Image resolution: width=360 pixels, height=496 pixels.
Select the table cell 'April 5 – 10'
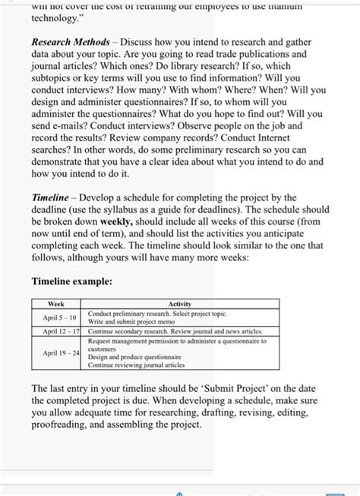point(58,318)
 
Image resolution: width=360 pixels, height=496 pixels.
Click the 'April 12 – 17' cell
point(58,332)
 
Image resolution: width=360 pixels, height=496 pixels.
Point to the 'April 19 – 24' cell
point(58,353)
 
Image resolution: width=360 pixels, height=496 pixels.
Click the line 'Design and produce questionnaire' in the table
point(134,356)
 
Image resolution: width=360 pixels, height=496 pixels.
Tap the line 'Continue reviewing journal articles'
point(136,365)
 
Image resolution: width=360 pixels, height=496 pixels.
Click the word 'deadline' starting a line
point(52,210)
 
